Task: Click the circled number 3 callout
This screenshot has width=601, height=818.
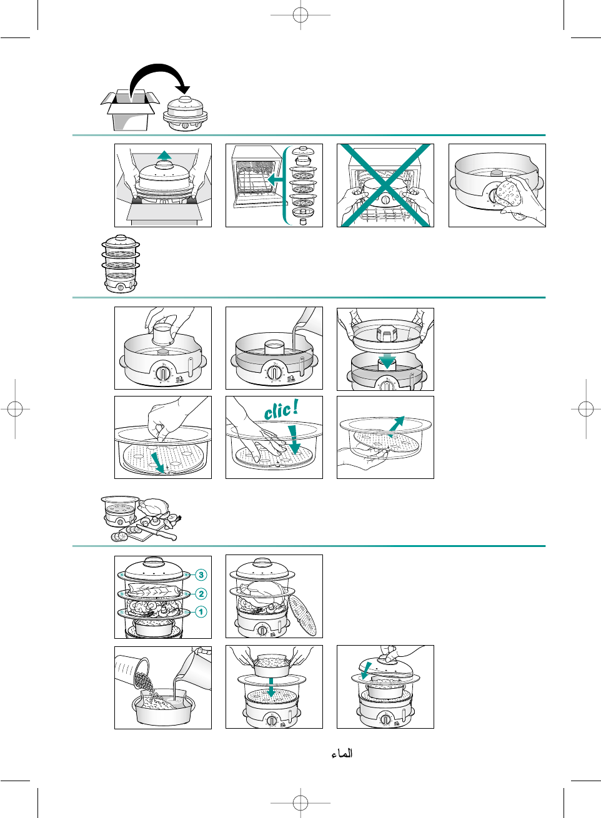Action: pos(201,575)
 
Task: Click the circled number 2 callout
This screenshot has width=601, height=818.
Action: pos(201,594)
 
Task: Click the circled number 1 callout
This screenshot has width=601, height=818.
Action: pos(201,612)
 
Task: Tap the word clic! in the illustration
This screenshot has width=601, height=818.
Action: pos(281,410)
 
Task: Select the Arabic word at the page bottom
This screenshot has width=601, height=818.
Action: pos(342,753)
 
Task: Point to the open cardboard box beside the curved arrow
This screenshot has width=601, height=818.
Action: pos(130,110)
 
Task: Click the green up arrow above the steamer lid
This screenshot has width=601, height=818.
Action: pos(164,155)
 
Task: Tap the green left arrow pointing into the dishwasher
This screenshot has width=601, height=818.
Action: pos(276,179)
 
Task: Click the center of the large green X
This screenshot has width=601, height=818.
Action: pos(385,185)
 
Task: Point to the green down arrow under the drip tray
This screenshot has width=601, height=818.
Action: pos(387,361)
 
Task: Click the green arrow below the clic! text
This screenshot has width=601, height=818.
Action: pos(293,440)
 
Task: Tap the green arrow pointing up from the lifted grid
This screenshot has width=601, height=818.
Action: pos(397,426)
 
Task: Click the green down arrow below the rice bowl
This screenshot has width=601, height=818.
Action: pos(271,687)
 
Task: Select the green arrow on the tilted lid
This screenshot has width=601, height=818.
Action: pos(366,671)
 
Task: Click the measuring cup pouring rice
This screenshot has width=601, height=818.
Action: pos(132,672)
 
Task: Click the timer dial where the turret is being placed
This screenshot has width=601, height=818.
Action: pos(162,373)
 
